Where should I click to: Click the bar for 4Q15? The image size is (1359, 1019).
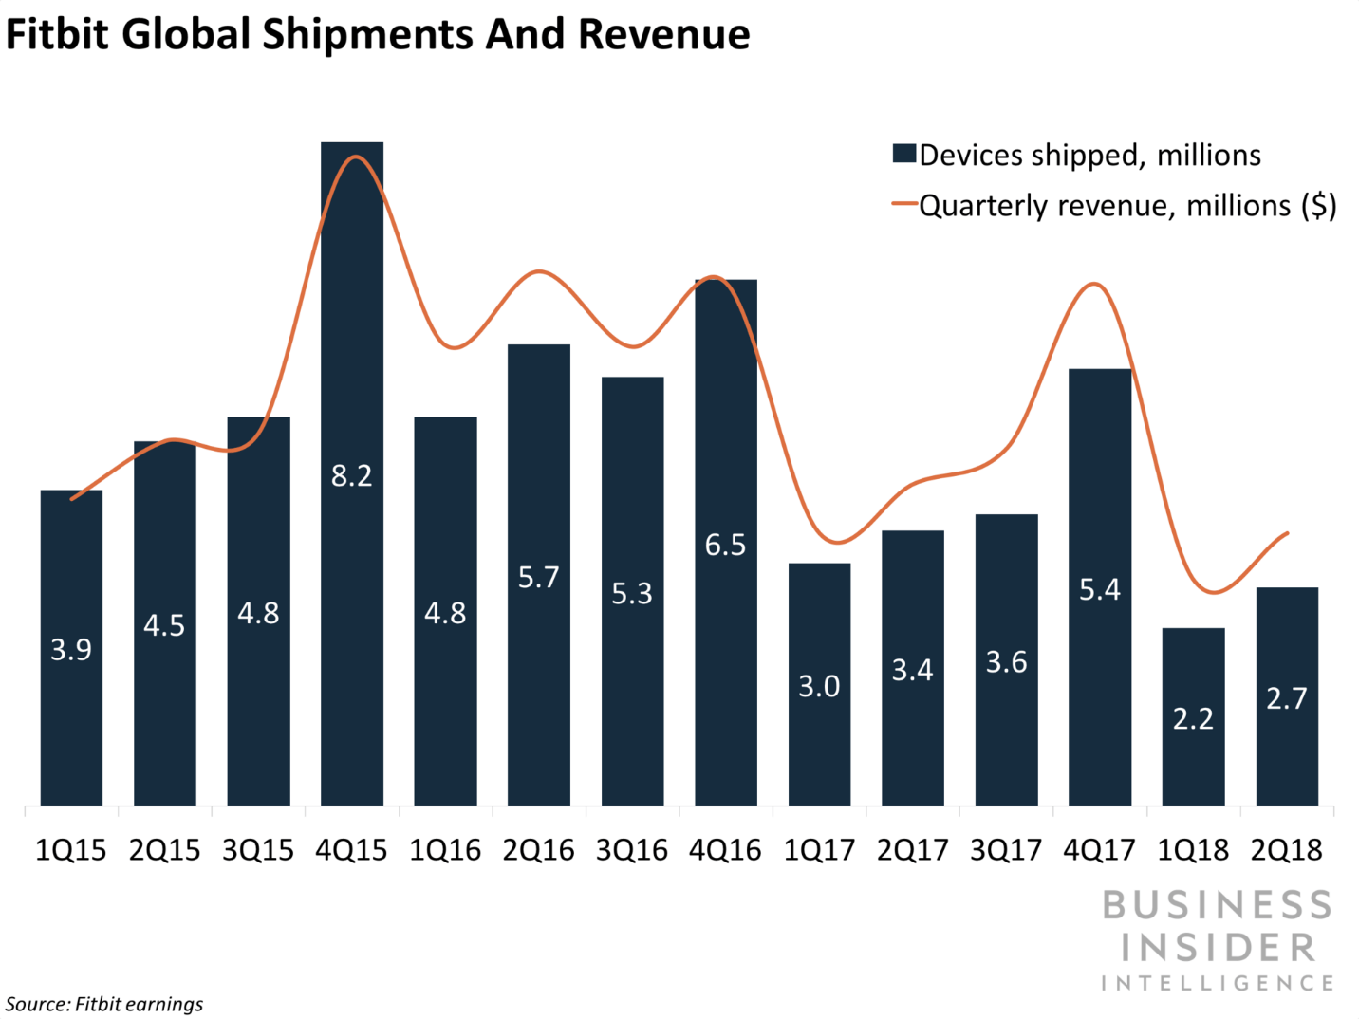pyautogui.click(x=352, y=473)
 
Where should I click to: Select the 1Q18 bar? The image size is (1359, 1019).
pyautogui.click(x=1193, y=716)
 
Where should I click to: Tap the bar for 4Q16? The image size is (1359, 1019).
pyautogui.click(x=726, y=543)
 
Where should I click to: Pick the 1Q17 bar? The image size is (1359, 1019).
pyautogui.click(x=819, y=684)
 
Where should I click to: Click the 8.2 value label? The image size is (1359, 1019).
pyautogui.click(x=352, y=475)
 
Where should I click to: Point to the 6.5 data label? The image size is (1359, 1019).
pyautogui.click(x=726, y=545)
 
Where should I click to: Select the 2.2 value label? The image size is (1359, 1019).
pyautogui.click(x=1193, y=719)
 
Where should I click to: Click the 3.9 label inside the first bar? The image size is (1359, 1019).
pyautogui.click(x=71, y=650)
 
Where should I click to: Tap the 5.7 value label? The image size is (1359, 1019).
pyautogui.click(x=539, y=577)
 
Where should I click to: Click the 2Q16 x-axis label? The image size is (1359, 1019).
pyautogui.click(x=539, y=850)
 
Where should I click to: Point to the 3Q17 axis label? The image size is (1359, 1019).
pyautogui.click(x=1006, y=850)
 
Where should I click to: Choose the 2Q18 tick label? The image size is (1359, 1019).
pyautogui.click(x=1287, y=850)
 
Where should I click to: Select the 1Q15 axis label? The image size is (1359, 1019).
pyautogui.click(x=71, y=850)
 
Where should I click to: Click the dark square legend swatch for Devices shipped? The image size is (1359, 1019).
pyautogui.click(x=903, y=154)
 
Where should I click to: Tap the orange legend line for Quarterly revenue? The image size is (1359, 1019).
pyautogui.click(x=904, y=204)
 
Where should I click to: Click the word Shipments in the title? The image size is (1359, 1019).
pyautogui.click(x=367, y=35)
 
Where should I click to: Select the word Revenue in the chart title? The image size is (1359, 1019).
pyautogui.click(x=663, y=35)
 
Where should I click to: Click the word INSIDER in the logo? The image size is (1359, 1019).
pyautogui.click(x=1218, y=948)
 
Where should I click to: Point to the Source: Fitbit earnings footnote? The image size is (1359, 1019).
pyautogui.click(x=104, y=1004)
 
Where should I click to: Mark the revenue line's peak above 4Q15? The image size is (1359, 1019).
pyautogui.click(x=355, y=157)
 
